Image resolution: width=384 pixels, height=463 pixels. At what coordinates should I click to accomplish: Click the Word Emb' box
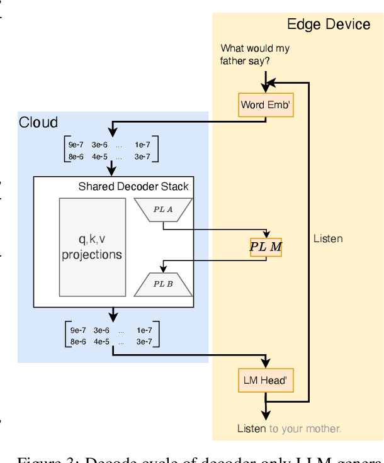point(266,104)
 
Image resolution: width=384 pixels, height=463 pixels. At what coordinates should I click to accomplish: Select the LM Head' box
point(266,381)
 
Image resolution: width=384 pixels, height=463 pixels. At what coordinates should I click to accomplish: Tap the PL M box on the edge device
point(266,247)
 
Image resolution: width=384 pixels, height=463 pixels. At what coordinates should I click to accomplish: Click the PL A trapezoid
point(163,209)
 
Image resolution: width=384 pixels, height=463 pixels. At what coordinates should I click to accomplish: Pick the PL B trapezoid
point(163,284)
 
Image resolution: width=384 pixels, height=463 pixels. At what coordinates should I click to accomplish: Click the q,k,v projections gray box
point(92,247)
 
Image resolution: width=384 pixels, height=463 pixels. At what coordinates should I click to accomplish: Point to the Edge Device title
point(329,25)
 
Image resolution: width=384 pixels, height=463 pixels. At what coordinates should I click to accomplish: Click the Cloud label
point(38,122)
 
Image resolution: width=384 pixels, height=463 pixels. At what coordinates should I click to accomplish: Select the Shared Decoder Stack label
point(133,186)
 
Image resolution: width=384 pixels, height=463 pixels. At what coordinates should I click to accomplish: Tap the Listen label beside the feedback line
point(328,238)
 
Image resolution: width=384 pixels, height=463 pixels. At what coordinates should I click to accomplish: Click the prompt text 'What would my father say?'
point(254,55)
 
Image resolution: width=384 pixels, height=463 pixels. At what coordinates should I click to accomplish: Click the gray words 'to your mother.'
point(305,428)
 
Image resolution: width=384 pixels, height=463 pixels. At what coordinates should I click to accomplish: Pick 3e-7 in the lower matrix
point(142,342)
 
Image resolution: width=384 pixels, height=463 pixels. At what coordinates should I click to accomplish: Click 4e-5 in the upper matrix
point(101,156)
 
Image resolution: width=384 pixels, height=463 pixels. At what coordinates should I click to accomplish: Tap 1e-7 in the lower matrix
point(144,330)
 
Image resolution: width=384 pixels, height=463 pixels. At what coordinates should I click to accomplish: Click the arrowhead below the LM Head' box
point(266,415)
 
